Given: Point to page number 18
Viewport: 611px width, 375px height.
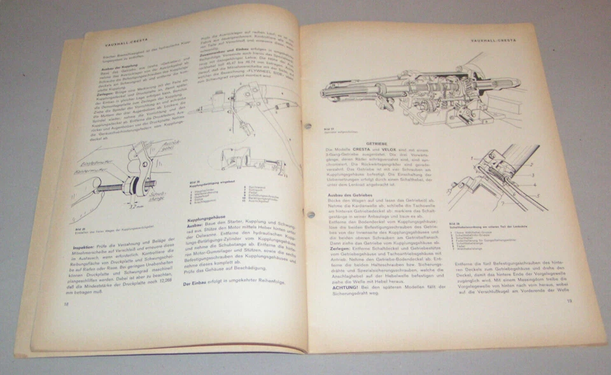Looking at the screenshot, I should pos(66,304).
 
